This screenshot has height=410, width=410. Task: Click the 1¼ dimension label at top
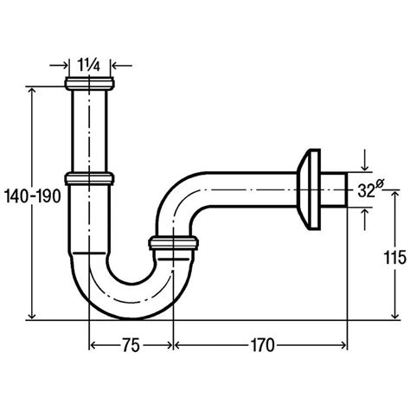[x=91, y=63]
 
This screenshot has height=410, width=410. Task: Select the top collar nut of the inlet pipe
[x=91, y=85]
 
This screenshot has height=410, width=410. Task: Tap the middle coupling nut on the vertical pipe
[x=91, y=179]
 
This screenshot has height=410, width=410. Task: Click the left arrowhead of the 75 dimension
[x=93, y=346]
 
